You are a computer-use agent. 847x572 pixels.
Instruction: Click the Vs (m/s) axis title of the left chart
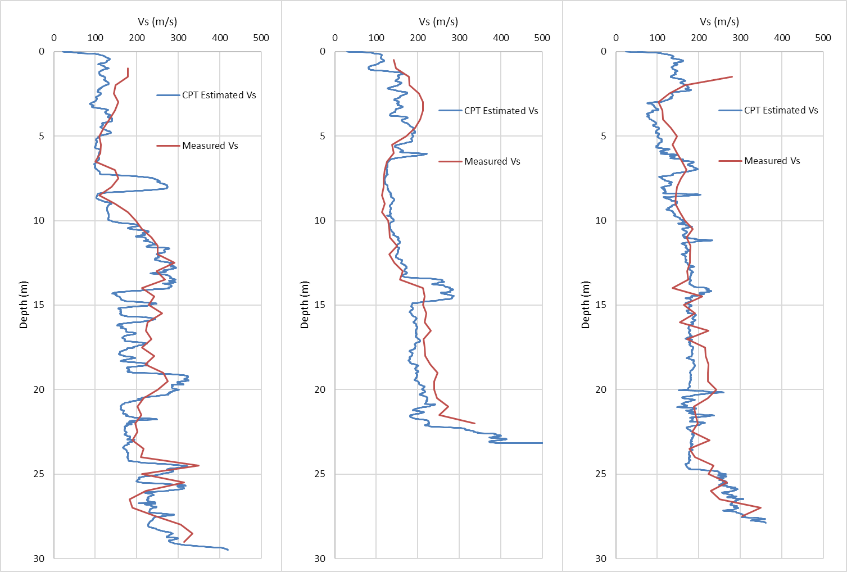[157, 22]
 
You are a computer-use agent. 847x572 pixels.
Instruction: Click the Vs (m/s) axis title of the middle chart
[438, 22]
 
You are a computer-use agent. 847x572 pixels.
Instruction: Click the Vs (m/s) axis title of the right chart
[719, 22]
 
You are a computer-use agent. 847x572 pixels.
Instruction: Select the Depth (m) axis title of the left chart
[24, 305]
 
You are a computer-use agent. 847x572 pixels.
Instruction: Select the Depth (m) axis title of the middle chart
[305, 305]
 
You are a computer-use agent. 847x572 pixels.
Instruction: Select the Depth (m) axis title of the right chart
[586, 305]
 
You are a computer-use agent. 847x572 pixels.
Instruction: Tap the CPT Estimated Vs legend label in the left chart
[219, 96]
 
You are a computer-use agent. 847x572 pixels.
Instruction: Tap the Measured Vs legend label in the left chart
[210, 146]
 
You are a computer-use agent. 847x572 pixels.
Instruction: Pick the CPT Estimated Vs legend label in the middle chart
[501, 111]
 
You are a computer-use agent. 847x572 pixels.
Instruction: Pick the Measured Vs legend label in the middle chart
[492, 162]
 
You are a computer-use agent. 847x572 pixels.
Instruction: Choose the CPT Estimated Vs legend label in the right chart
[781, 111]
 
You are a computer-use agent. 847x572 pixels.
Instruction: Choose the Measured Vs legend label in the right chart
[772, 161]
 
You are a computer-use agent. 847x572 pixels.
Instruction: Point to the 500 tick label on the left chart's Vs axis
[261, 38]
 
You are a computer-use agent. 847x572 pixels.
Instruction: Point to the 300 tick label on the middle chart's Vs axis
[459, 38]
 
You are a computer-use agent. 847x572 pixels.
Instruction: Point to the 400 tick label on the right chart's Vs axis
[782, 38]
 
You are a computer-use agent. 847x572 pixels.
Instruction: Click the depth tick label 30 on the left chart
[39, 559]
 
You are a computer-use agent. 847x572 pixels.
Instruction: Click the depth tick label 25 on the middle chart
[320, 474]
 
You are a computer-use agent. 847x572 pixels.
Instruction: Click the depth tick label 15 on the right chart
[601, 305]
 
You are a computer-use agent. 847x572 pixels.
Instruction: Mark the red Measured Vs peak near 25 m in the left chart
[199, 465]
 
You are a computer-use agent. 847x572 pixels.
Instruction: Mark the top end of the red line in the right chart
[732, 76]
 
